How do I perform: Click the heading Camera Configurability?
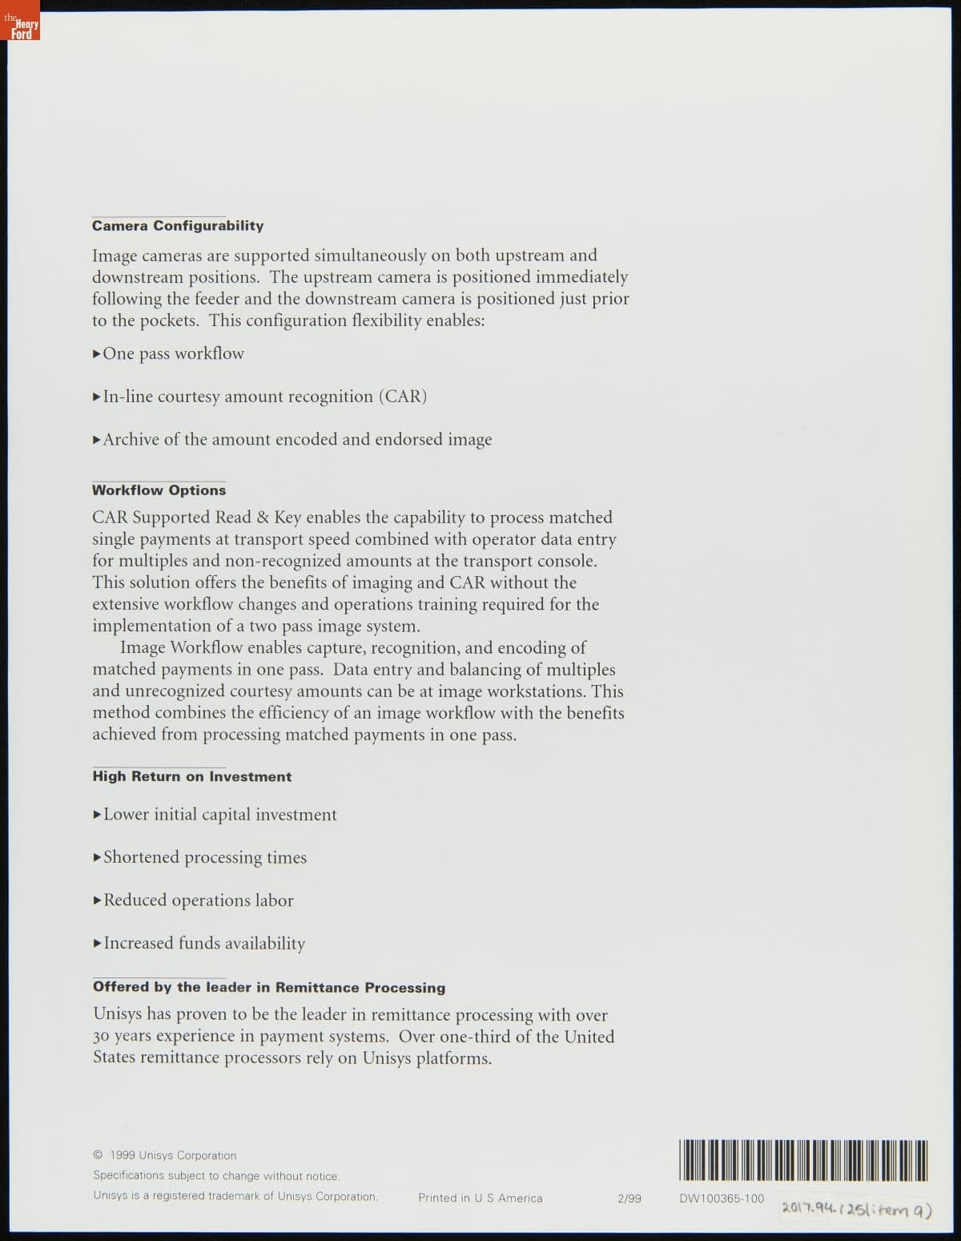pos(177,226)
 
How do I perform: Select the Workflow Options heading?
pos(159,490)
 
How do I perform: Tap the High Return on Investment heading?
pos(191,776)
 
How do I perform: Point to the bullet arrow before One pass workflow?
pos(97,353)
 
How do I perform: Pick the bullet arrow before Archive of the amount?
pos(97,439)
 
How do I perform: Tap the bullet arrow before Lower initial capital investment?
pos(97,815)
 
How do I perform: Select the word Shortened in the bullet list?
pos(141,857)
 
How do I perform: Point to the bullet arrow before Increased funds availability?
pos(97,943)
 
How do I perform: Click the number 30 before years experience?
pos(101,1037)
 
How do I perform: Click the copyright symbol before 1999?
pos(98,1155)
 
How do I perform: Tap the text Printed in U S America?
pos(480,1199)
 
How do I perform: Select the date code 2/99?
pos(629,1199)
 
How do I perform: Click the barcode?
pos(803,1160)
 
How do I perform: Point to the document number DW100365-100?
pos(722,1199)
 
